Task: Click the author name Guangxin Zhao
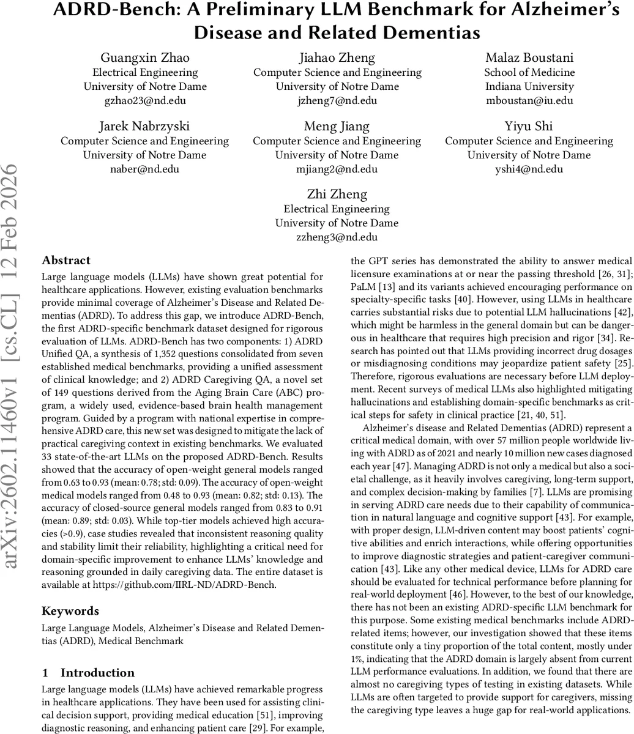pyautogui.click(x=145, y=58)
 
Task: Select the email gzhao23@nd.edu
pyautogui.click(x=145, y=101)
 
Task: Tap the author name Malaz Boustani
pyautogui.click(x=529, y=58)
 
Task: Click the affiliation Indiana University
pyautogui.click(x=529, y=86)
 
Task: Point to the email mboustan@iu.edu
pyautogui.click(x=529, y=101)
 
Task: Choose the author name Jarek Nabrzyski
pyautogui.click(x=144, y=127)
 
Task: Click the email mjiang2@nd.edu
pyautogui.click(x=337, y=169)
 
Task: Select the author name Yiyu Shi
pyautogui.click(x=529, y=127)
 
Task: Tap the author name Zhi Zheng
pyautogui.click(x=337, y=195)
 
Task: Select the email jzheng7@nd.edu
pyautogui.click(x=337, y=101)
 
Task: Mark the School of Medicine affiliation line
pyautogui.click(x=529, y=72)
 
